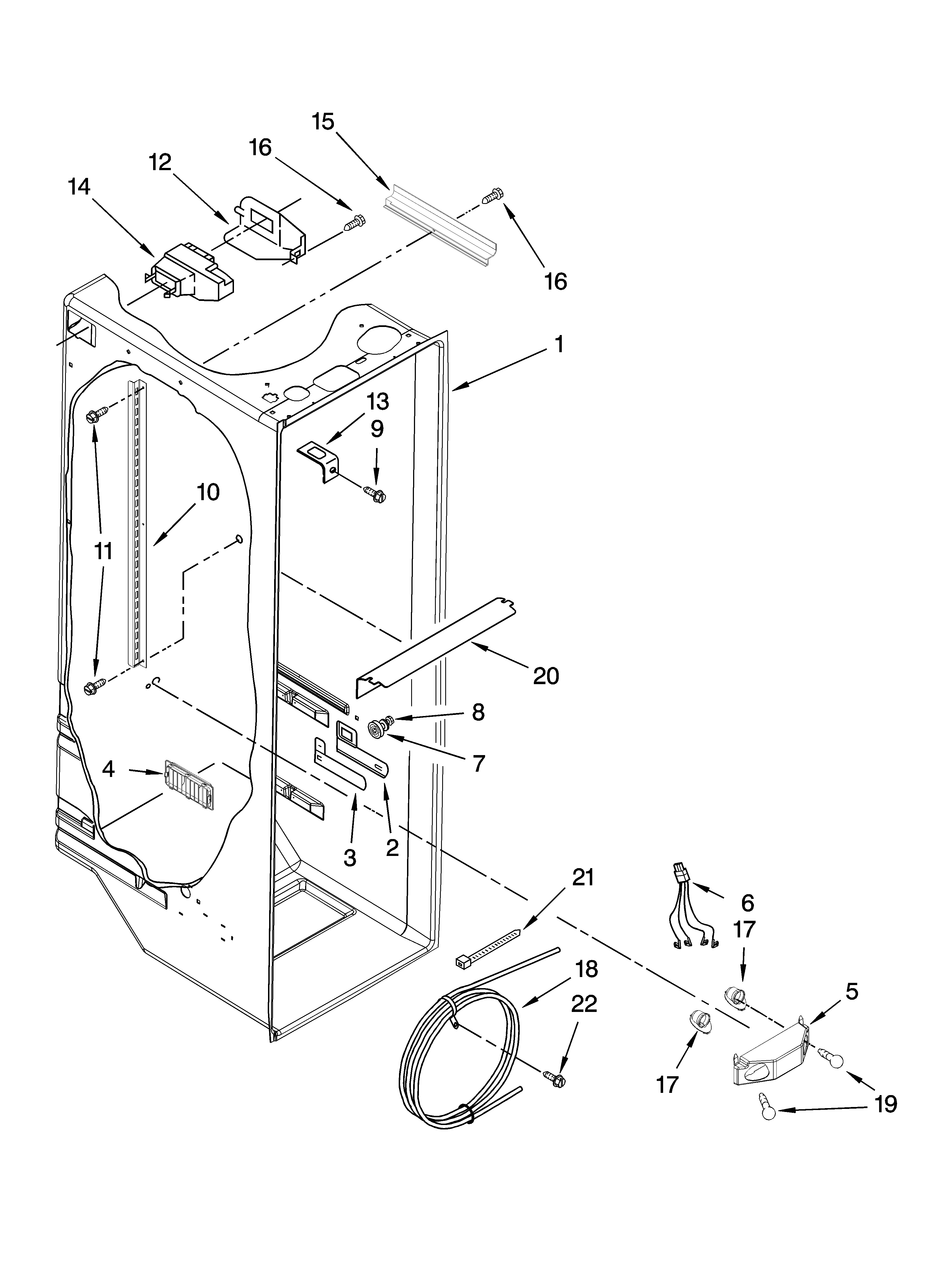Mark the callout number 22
pyautogui.click(x=584, y=1004)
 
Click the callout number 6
pyautogui.click(x=747, y=903)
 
